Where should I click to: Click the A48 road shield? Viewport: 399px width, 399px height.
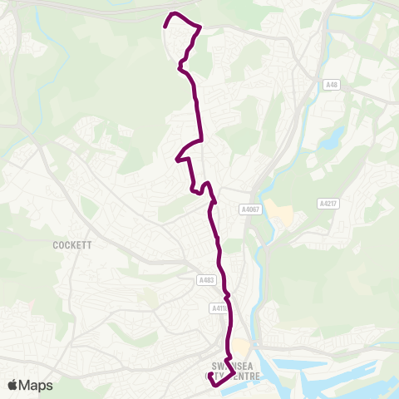pos(332,85)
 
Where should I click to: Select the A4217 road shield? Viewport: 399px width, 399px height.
pos(328,203)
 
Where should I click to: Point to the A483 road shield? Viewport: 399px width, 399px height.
pos(207,281)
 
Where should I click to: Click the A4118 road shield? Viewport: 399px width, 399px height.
pos(219,308)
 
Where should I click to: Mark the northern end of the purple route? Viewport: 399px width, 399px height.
pos(165,27)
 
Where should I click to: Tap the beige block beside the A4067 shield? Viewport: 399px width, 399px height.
pos(281,214)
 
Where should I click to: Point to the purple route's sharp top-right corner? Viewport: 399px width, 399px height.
pos(200,28)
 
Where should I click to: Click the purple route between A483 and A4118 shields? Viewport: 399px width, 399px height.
pos(225,293)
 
